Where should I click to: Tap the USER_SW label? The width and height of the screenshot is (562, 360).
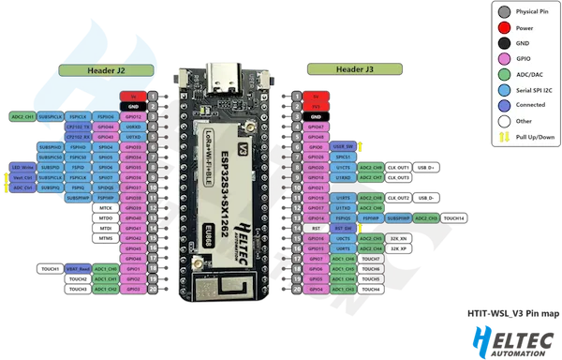click(343, 146)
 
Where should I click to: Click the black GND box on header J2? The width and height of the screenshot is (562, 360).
click(132, 106)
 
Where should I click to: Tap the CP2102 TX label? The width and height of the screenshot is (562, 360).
click(78, 127)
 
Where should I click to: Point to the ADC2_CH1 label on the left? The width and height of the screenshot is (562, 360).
click(22, 116)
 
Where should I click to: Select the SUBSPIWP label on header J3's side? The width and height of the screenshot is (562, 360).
click(402, 217)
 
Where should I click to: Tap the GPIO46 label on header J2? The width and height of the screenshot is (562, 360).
click(132, 259)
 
